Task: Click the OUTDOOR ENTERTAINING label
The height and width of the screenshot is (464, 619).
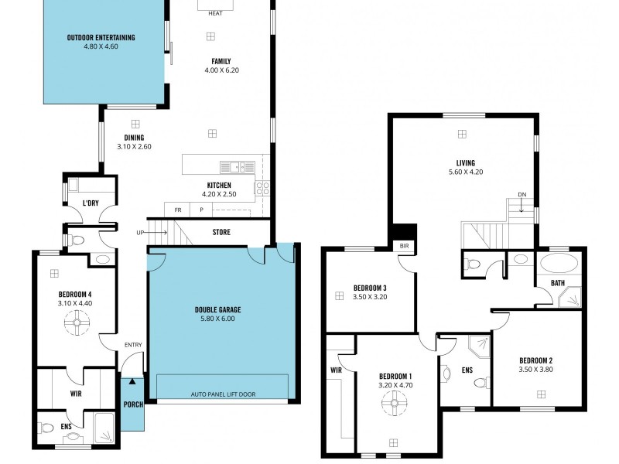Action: (101, 37)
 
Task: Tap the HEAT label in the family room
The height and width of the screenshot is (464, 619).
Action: (215, 13)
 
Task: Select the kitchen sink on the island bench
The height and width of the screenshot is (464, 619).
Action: (237, 166)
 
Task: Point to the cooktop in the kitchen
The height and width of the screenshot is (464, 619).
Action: (262, 187)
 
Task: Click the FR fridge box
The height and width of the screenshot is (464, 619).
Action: (178, 210)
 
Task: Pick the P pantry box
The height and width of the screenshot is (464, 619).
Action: (202, 210)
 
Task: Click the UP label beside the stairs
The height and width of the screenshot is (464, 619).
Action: (140, 232)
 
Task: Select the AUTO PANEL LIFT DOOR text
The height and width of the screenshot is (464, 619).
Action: (223, 394)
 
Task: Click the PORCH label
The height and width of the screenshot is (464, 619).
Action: (132, 404)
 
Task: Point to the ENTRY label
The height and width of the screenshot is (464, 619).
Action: (132, 346)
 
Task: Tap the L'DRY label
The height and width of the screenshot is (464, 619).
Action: (94, 204)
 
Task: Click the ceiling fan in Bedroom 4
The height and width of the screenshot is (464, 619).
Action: (77, 328)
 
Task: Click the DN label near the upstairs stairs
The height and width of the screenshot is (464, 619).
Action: (522, 195)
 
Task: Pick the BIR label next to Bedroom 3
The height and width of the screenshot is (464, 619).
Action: (404, 246)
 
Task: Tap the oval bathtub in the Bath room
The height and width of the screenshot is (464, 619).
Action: (558, 262)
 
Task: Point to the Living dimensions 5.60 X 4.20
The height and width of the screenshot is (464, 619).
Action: (465, 172)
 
